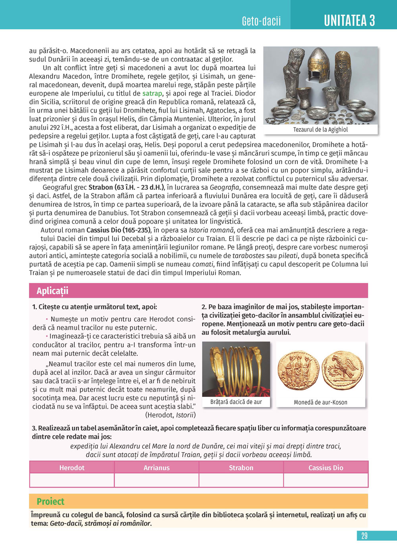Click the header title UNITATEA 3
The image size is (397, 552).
click(349, 20)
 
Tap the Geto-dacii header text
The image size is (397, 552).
click(261, 21)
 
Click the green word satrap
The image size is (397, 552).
click(152, 94)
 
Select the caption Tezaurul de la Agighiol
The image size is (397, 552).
click(320, 129)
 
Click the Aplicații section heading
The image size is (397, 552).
click(52, 291)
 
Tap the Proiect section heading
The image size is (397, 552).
click(50, 501)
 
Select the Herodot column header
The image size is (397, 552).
click(72, 467)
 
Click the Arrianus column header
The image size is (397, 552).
click(156, 467)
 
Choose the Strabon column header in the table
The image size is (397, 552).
click(241, 467)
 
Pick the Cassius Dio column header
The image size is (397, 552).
click(326, 467)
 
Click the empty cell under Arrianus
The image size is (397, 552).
click(156, 480)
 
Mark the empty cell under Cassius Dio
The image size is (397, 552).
click(326, 480)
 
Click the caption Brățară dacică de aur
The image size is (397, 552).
click(236, 402)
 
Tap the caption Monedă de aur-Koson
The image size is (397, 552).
click(320, 402)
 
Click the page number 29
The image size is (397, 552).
click(364, 536)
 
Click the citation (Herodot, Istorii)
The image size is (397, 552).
click(170, 415)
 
